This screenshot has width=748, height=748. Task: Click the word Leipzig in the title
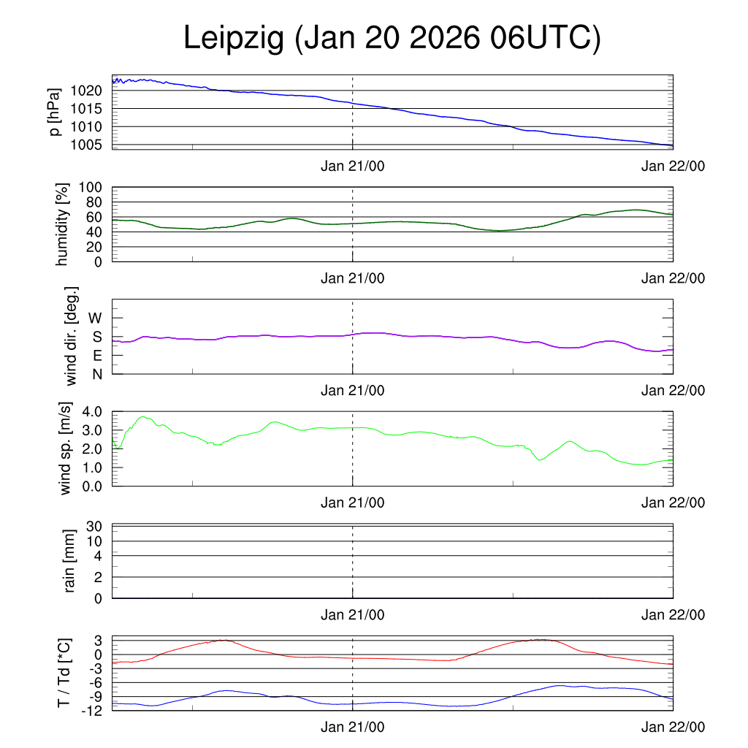(233, 39)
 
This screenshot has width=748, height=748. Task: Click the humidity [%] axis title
(63, 225)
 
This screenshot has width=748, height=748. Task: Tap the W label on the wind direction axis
(96, 318)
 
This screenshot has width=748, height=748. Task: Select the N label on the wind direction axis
(96, 374)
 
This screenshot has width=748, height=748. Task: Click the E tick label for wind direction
(96, 356)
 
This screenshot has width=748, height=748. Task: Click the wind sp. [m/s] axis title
(66, 449)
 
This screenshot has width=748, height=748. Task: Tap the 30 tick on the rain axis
(94, 527)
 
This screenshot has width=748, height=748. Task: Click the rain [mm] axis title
(70, 561)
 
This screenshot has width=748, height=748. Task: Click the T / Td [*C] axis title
(64, 673)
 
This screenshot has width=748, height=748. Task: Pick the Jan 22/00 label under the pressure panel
(673, 167)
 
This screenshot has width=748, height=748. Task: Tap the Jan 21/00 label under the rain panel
(352, 615)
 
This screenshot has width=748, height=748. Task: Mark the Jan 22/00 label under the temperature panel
(673, 727)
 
